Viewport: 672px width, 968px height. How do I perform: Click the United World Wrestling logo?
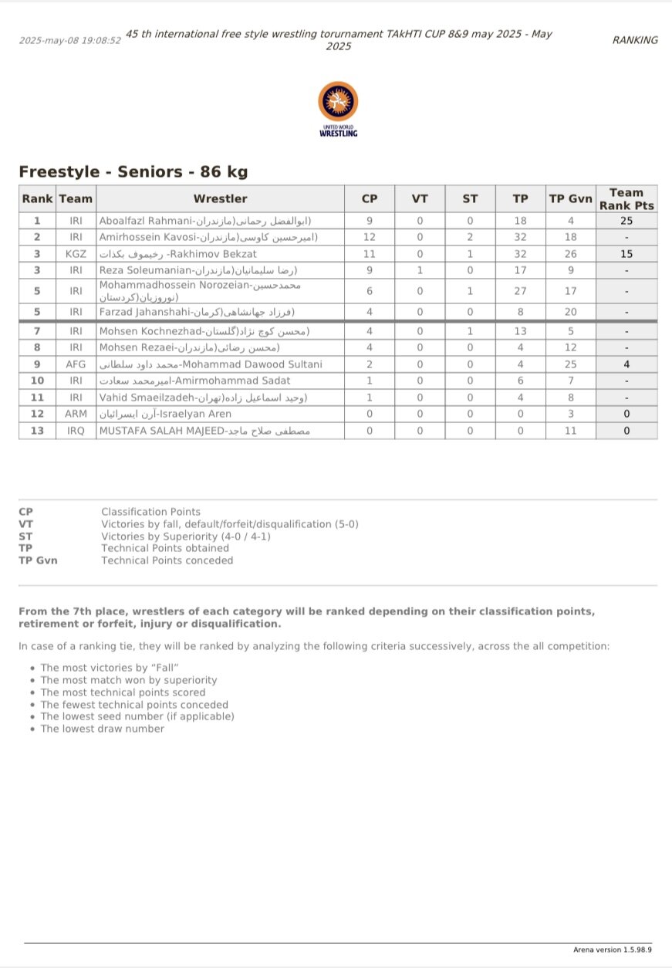338,109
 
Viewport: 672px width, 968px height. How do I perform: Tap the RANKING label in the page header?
635,40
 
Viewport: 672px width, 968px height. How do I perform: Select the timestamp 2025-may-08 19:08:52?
69,40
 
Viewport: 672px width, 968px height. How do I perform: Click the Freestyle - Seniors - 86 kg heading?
133,172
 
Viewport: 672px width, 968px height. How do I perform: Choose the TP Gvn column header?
570,198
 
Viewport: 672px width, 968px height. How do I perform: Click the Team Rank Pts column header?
626,198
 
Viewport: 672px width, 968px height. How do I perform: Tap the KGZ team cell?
76,253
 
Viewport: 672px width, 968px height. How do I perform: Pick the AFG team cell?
76,364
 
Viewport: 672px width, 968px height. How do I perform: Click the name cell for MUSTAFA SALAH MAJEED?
204,431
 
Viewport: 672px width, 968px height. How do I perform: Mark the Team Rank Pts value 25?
626,221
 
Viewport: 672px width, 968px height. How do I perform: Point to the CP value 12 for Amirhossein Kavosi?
369,237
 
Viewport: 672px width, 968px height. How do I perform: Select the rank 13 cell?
37,431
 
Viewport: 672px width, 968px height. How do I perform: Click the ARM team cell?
76,414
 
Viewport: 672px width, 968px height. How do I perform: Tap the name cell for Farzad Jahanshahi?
197,312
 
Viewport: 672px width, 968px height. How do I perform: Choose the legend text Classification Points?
150,512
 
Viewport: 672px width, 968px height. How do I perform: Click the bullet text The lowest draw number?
102,729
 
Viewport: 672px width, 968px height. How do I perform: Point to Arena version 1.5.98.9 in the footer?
613,949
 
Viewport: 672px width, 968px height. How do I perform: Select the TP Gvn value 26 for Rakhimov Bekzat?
570,253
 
